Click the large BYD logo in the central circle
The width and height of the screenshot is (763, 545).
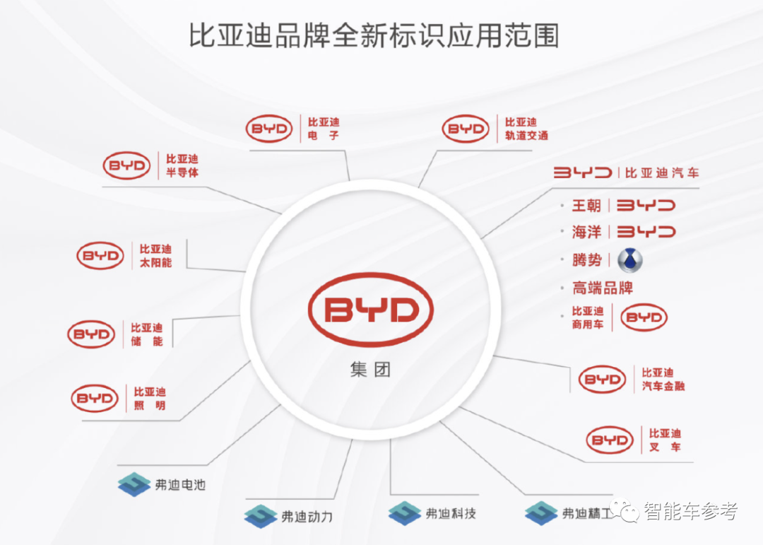370,309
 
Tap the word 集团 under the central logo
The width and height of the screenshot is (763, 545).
370,369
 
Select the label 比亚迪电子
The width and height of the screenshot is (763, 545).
324,128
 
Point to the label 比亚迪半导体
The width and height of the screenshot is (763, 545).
182,165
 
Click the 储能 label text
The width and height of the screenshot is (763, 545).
147,334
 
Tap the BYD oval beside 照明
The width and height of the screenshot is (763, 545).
95,399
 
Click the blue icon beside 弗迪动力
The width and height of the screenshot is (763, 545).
260,516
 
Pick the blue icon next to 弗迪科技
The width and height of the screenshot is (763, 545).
405,513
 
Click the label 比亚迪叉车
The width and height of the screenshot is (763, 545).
665,440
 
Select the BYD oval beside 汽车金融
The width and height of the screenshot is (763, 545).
602,380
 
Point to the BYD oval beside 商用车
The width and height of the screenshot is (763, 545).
644,317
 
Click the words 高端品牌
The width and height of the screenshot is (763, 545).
603,288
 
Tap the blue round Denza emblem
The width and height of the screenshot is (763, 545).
629,260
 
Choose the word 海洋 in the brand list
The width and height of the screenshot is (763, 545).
586,232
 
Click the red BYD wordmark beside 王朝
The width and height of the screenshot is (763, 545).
646,206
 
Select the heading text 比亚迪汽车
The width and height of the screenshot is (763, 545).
662,172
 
